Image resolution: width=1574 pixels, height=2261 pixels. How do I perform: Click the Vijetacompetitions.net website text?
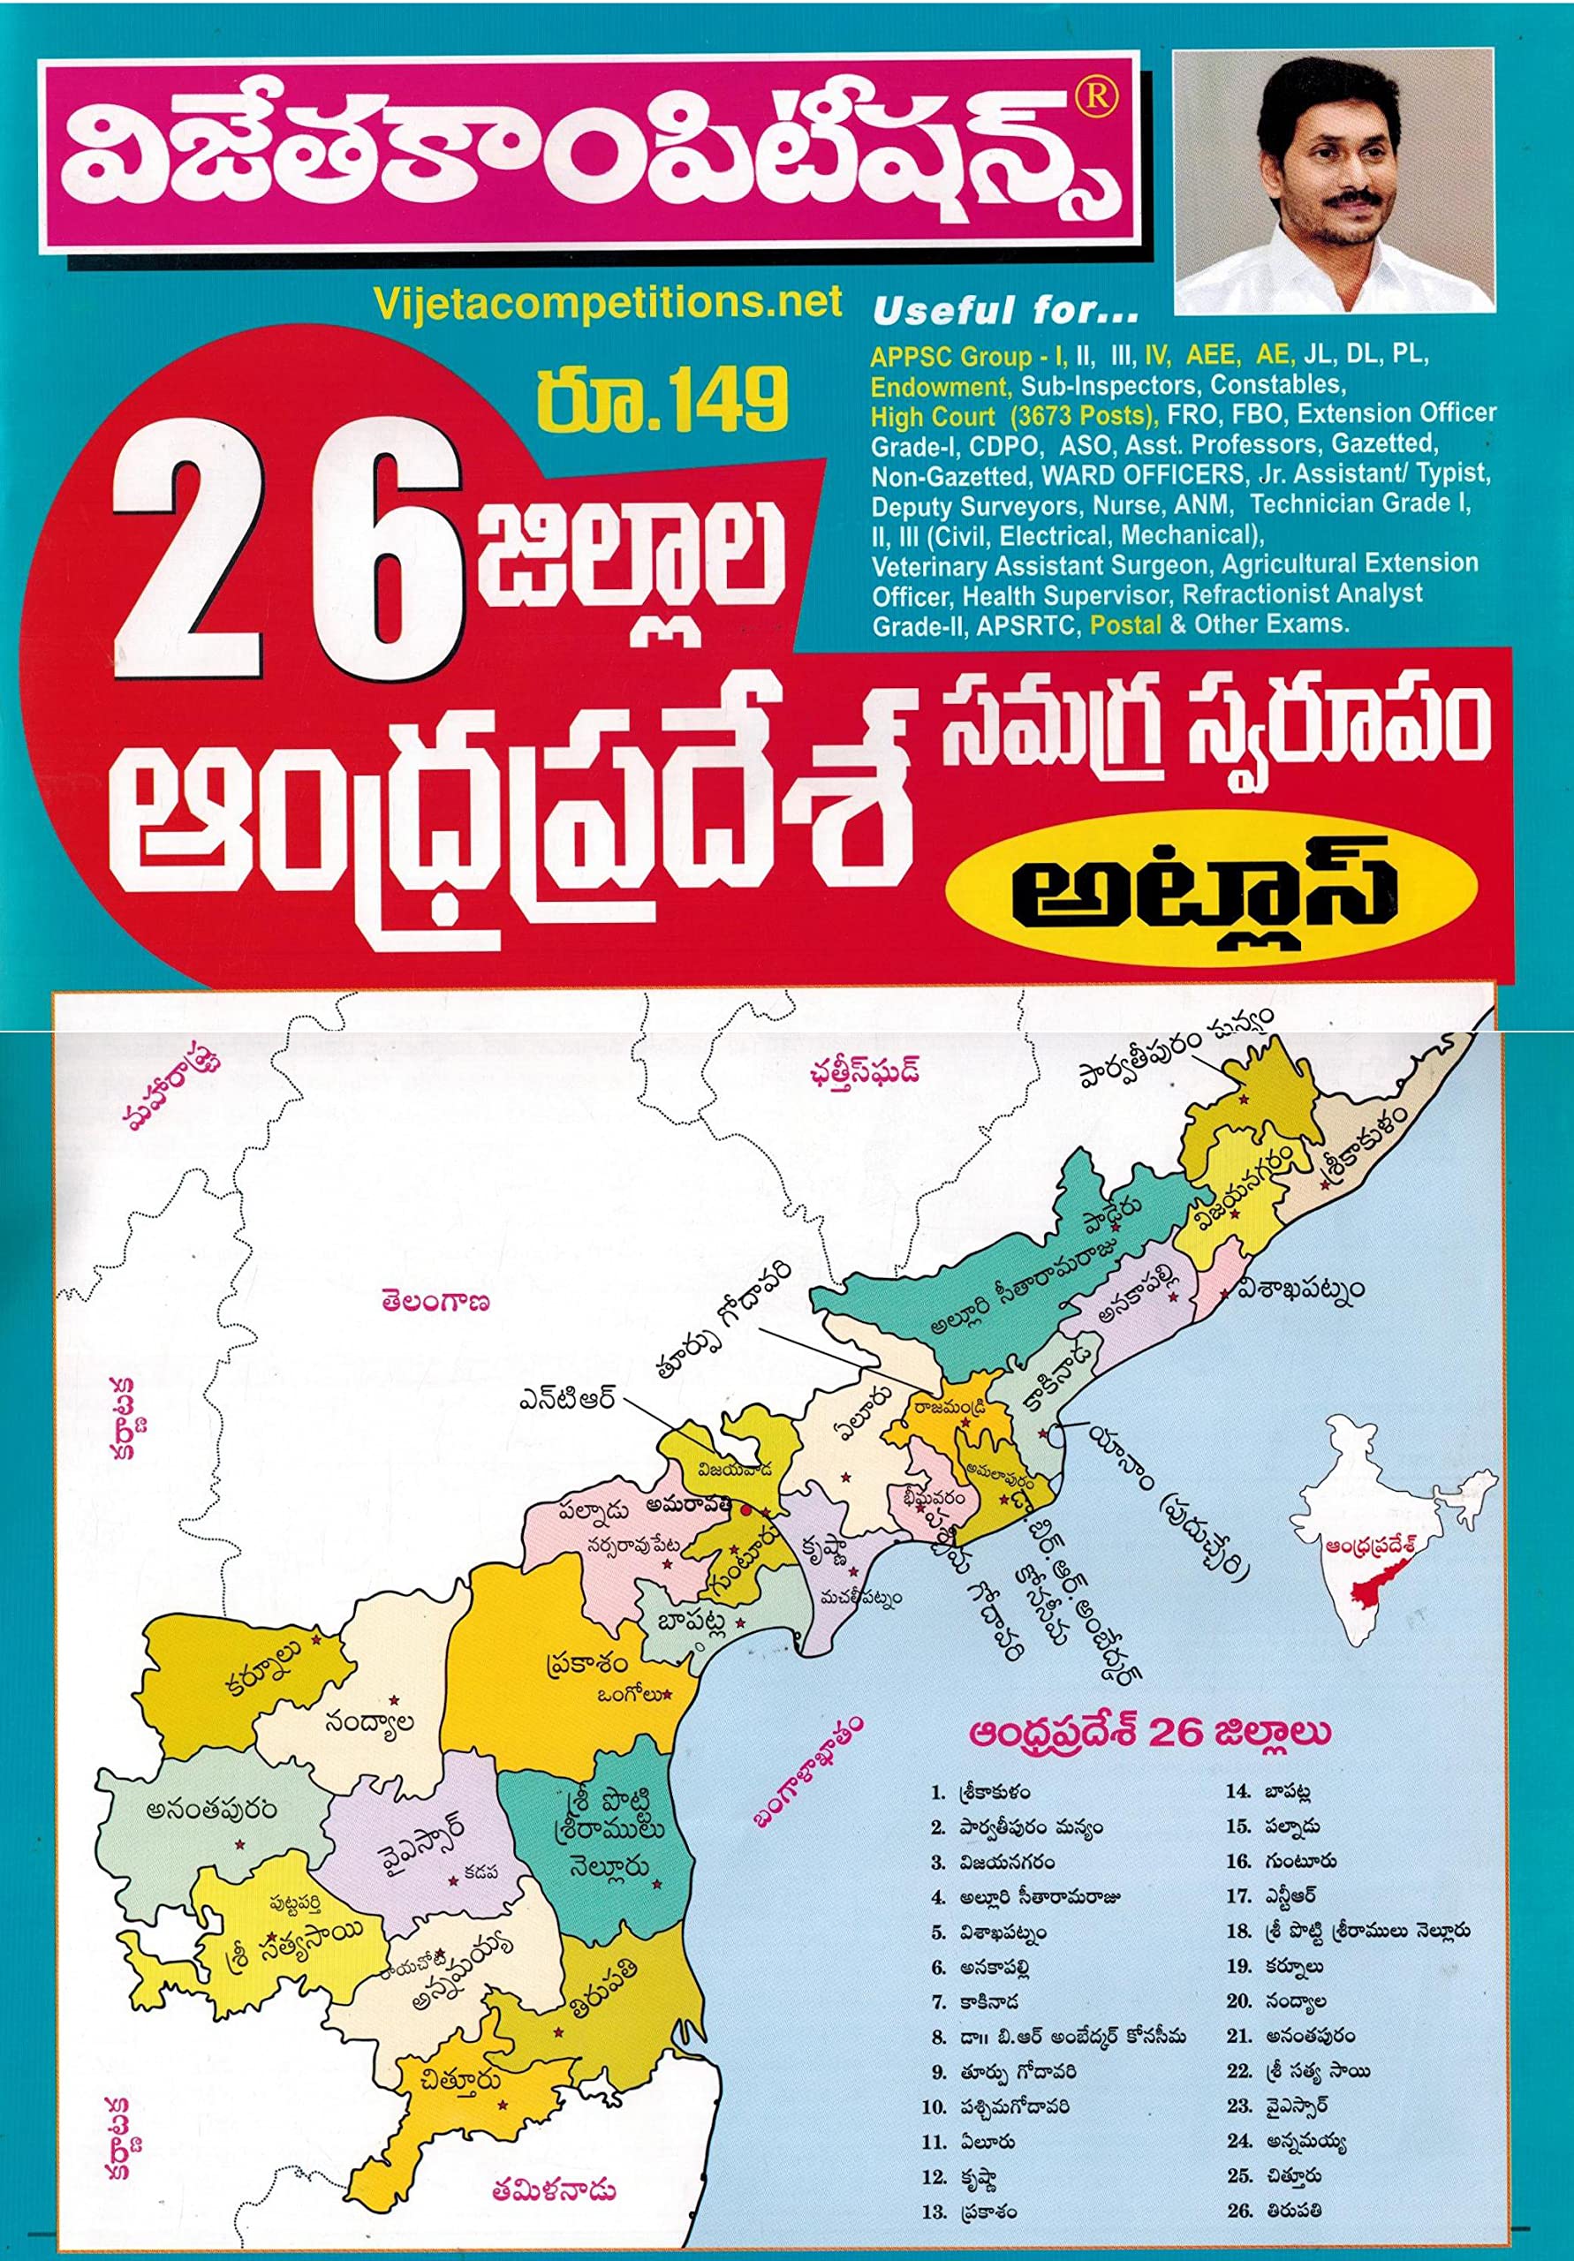(x=609, y=302)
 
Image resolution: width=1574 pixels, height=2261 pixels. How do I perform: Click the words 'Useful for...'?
(x=1004, y=314)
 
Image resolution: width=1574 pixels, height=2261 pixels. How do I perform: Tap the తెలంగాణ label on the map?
(x=438, y=1302)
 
